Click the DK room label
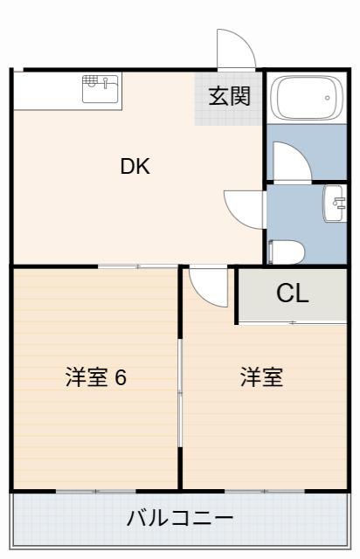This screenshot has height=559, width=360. pyautogui.click(x=135, y=167)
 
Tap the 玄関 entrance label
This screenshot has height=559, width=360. pyautogui.click(x=230, y=96)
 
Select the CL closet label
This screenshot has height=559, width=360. pyautogui.click(x=292, y=293)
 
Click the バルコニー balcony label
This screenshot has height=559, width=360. pyautogui.click(x=180, y=518)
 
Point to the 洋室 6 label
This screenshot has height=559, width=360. pyautogui.click(x=96, y=377)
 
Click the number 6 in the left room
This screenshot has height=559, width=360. pyautogui.click(x=121, y=377)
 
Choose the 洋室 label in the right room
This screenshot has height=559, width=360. pyautogui.click(x=262, y=377)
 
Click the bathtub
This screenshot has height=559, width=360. pyautogui.click(x=307, y=97)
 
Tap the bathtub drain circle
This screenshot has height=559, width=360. pyautogui.click(x=327, y=98)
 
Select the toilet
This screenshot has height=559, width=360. pyautogui.click(x=287, y=252)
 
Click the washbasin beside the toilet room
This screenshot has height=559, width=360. pyautogui.click(x=335, y=204)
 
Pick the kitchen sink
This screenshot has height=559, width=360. pyautogui.click(x=100, y=89)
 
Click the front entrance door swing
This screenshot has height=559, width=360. pyautogui.click(x=236, y=49)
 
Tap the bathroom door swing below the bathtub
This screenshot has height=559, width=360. pyautogui.click(x=292, y=161)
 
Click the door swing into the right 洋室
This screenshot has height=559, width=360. pyautogui.click(x=209, y=286)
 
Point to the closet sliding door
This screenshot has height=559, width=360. pyautogui.click(x=293, y=322)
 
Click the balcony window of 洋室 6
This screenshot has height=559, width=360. pyautogui.click(x=96, y=491)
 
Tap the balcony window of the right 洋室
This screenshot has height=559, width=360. pyautogui.click(x=265, y=491)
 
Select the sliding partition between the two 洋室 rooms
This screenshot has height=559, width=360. pyautogui.click(x=180, y=392)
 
